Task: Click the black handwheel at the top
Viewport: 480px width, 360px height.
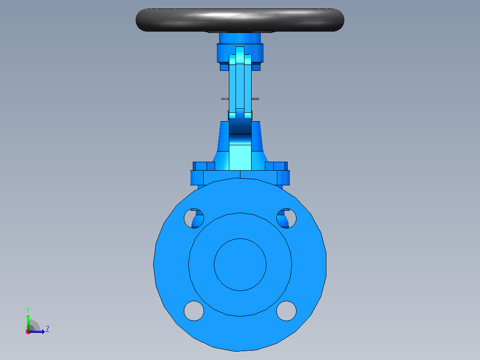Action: pos(240,20)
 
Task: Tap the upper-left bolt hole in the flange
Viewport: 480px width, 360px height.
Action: pos(194,218)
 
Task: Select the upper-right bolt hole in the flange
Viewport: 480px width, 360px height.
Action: pos(286,218)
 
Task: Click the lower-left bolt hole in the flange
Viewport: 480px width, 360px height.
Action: pos(194,311)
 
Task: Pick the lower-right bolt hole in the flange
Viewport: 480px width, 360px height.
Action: pos(286,311)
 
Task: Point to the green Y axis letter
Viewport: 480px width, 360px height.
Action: pos(28,310)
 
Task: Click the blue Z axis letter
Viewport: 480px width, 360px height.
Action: pos(48,329)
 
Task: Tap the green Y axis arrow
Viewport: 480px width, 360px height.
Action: pos(28,323)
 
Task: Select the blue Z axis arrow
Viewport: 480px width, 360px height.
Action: pos(37,331)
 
